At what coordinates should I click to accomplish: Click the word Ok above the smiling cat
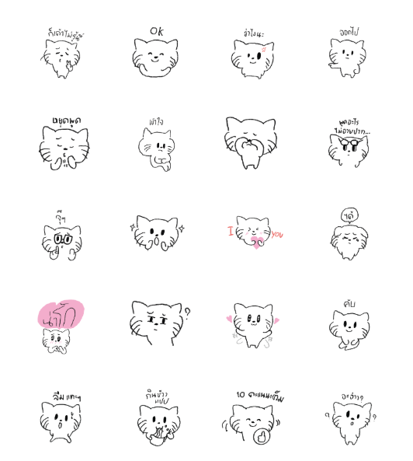pyautogui.click(x=157, y=31)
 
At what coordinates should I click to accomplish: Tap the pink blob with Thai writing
pyautogui.click(x=61, y=314)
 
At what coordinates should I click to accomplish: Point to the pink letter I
pyautogui.click(x=230, y=231)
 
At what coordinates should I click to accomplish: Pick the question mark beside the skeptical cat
pyautogui.click(x=186, y=313)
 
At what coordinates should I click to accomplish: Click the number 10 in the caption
pyautogui.click(x=240, y=396)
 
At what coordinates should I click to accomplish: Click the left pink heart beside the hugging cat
pyautogui.click(x=230, y=318)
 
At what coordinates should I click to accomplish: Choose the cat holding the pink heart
pyautogui.click(x=252, y=233)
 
